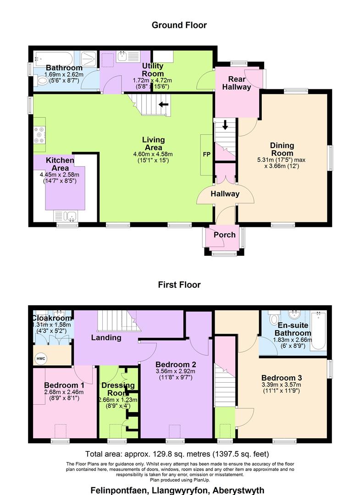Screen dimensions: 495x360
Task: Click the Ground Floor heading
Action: click(179, 25)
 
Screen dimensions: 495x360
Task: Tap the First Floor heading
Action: click(179, 285)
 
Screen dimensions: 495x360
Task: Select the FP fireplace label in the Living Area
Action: click(206, 154)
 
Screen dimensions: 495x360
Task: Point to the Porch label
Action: click(225, 235)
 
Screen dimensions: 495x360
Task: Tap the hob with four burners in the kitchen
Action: click(39, 133)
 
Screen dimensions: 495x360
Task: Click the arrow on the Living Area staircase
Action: click(163, 104)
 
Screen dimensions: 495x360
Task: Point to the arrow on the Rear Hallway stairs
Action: click(225, 125)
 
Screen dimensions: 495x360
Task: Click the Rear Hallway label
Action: click(237, 82)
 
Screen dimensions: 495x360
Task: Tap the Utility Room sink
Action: click(122, 57)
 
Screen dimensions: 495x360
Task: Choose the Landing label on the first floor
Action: click(105, 338)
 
